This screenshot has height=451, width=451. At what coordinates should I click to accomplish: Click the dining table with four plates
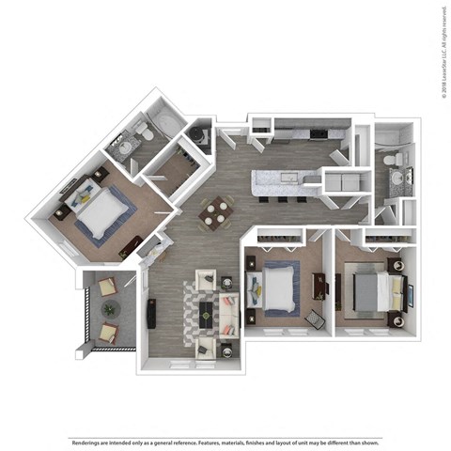[x=217, y=211]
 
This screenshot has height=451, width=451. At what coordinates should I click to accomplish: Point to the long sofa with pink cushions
[x=227, y=315]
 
